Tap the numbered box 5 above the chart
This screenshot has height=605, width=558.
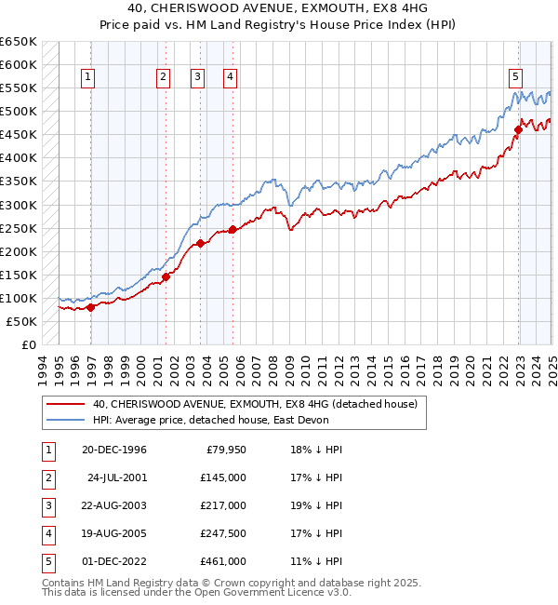click(x=515, y=78)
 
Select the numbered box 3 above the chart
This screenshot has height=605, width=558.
click(x=198, y=78)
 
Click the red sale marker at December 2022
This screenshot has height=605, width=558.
click(x=519, y=129)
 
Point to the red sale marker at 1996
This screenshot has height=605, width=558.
click(x=90, y=307)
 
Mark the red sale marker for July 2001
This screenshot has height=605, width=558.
click(x=166, y=276)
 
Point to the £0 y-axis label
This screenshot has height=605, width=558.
click(x=29, y=344)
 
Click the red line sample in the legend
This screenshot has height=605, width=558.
click(x=65, y=404)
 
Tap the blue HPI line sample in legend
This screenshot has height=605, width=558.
click(x=65, y=420)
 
